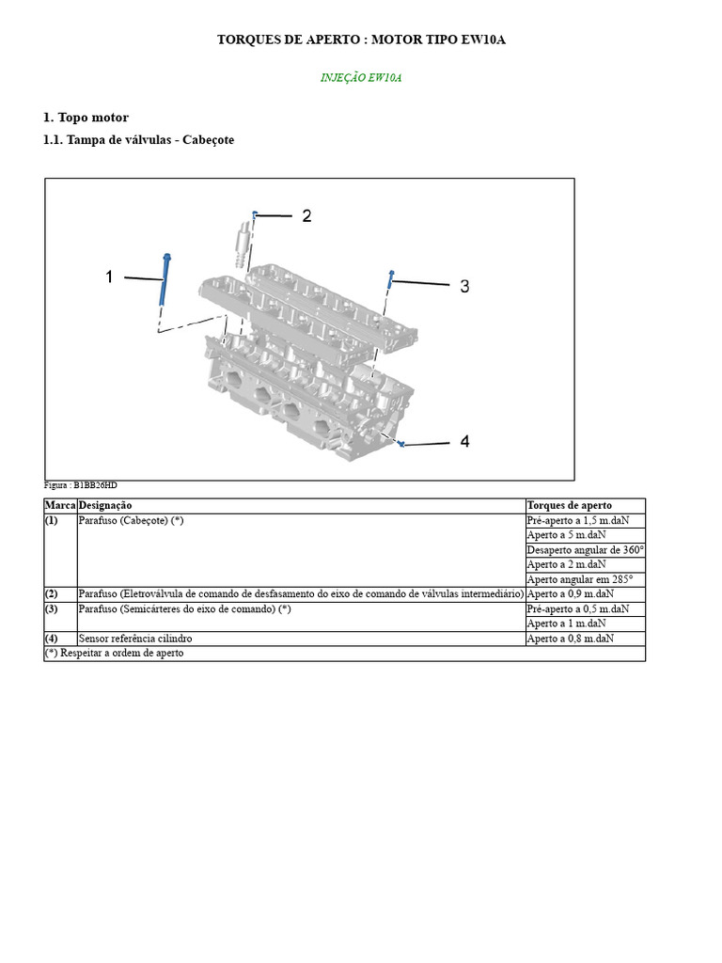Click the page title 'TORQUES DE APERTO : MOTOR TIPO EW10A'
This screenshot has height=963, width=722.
point(361,40)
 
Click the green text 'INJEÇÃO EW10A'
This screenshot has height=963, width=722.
point(361,78)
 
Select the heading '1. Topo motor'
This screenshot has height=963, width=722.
point(86,118)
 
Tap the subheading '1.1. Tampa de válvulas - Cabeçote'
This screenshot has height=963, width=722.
point(138,140)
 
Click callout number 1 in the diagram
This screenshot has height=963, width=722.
point(110,276)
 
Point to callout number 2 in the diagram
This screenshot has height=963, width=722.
point(306,216)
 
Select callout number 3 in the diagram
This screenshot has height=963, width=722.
point(464,286)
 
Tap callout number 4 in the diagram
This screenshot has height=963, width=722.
point(464,441)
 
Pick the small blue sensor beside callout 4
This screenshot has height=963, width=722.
point(400,443)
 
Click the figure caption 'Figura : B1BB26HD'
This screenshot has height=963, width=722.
point(81,485)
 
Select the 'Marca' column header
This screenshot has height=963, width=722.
point(60,506)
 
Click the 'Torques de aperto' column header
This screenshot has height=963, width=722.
point(569,506)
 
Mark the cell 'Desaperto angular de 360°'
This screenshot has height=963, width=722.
point(585,550)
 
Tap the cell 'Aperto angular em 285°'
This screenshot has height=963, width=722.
point(579,579)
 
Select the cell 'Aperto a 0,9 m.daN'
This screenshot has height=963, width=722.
point(570,594)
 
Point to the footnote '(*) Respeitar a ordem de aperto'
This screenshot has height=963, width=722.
point(115,653)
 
